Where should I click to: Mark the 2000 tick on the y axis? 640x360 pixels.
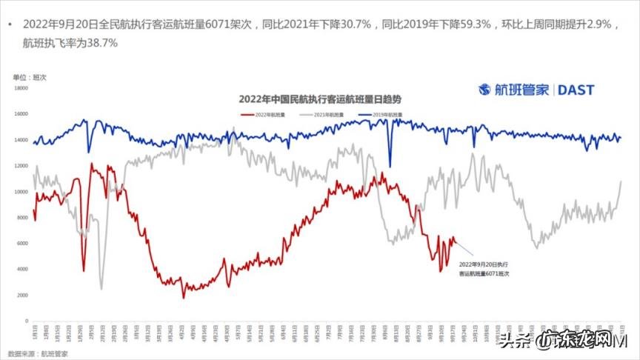point(21,295)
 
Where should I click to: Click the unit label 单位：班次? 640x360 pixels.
point(30,77)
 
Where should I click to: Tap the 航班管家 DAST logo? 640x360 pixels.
point(536,90)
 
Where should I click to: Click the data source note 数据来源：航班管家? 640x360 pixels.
point(34,353)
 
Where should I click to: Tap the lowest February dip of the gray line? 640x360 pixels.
point(101,288)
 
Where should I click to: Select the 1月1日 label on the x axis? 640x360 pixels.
point(33,329)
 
